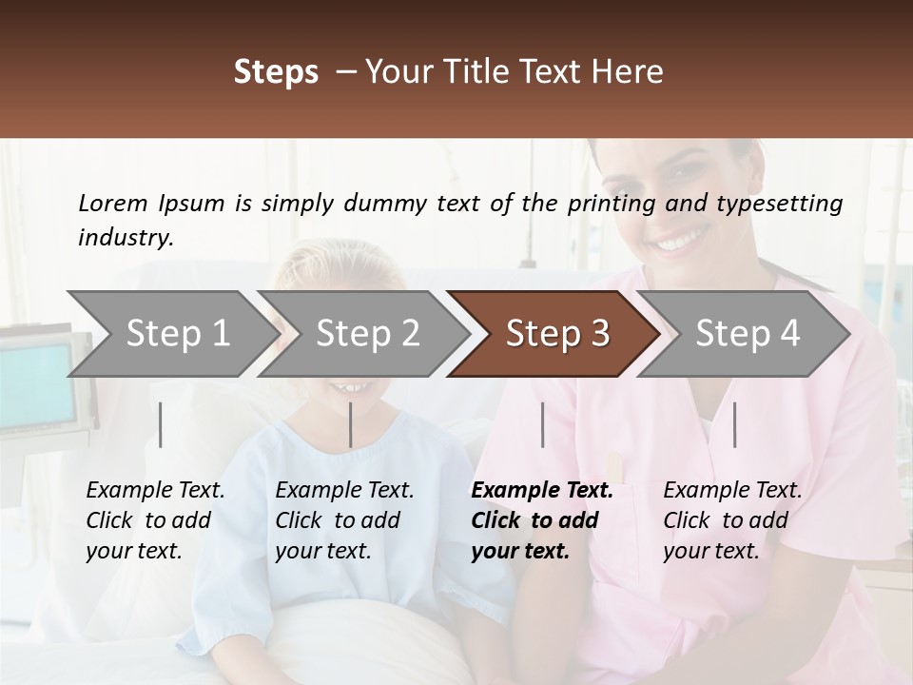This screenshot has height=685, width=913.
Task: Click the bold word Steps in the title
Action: click(276, 72)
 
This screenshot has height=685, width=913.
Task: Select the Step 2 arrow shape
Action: click(366, 334)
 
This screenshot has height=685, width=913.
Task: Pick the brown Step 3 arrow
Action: click(556, 334)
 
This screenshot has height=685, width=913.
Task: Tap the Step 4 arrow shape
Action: click(747, 334)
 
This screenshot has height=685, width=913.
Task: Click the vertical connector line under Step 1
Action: click(161, 424)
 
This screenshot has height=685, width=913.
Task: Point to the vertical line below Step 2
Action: click(351, 424)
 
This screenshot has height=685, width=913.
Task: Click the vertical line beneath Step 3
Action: click(543, 424)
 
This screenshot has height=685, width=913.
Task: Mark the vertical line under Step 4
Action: click(734, 424)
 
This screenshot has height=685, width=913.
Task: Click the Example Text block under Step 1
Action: click(155, 520)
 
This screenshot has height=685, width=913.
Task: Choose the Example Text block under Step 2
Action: click(344, 520)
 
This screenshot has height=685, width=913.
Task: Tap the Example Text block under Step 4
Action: click(732, 520)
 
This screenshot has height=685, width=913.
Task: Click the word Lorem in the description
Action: click(113, 203)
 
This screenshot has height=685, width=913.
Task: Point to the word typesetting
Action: click(786, 204)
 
